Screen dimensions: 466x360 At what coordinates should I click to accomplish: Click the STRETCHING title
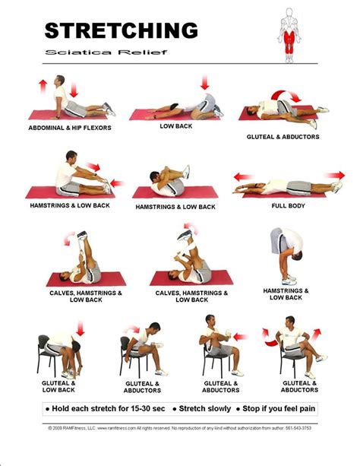[121, 30]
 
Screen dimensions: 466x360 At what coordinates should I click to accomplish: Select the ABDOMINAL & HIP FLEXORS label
[70, 128]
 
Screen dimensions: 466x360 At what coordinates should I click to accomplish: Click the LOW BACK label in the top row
[175, 125]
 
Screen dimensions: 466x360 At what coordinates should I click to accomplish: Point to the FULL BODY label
[289, 205]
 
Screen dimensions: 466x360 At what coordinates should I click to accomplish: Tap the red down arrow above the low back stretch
[204, 83]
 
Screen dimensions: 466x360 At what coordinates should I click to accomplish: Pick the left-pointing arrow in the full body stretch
[243, 177]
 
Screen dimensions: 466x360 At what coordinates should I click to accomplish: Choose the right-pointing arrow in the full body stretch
[334, 176]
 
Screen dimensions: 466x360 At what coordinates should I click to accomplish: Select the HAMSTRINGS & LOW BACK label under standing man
[286, 293]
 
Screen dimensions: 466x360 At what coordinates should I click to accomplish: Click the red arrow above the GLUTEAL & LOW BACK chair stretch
[80, 329]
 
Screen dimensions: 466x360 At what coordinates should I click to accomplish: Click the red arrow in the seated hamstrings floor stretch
[93, 166]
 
